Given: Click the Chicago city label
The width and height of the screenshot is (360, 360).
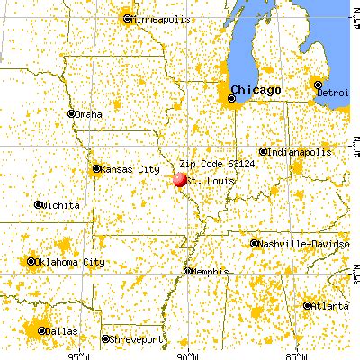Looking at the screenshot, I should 256,89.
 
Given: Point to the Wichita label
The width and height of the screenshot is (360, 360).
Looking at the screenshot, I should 61,205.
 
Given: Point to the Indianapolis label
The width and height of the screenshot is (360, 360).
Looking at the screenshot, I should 301,152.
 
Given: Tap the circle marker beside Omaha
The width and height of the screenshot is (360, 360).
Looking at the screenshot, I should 72,113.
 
